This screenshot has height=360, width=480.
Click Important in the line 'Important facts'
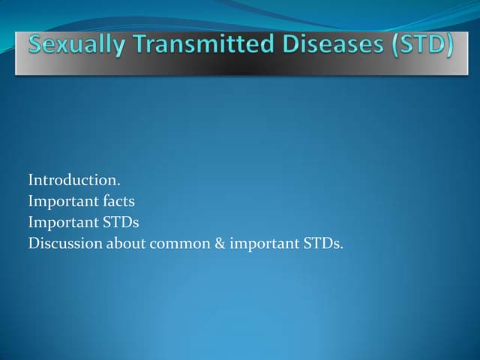point(61,201)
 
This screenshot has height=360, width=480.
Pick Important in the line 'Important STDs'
point(61,222)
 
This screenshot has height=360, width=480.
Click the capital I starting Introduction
point(31,180)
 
